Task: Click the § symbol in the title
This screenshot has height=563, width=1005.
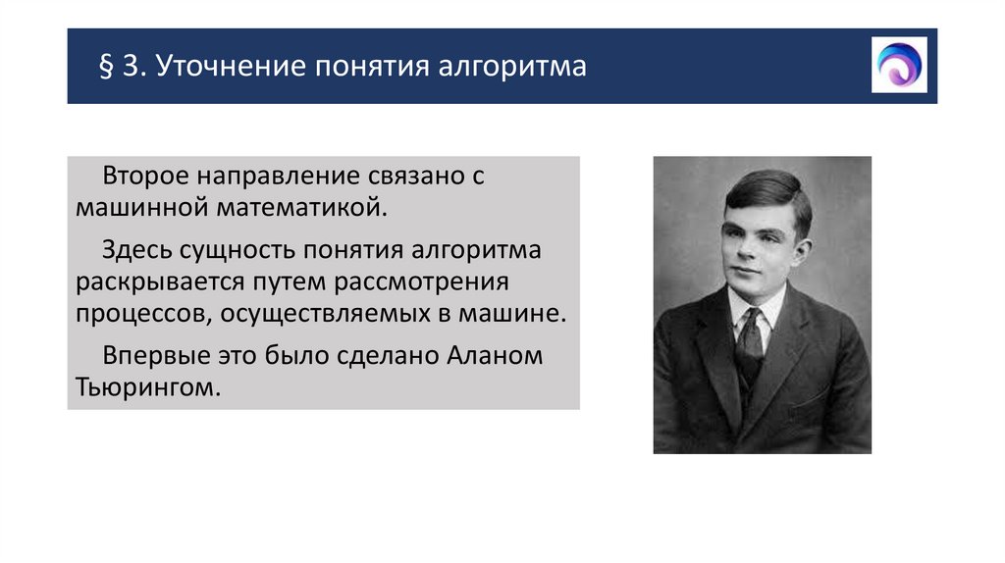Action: point(106,68)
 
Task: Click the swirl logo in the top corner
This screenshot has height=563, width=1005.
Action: point(899,65)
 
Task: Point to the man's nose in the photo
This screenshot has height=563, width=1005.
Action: point(742,249)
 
